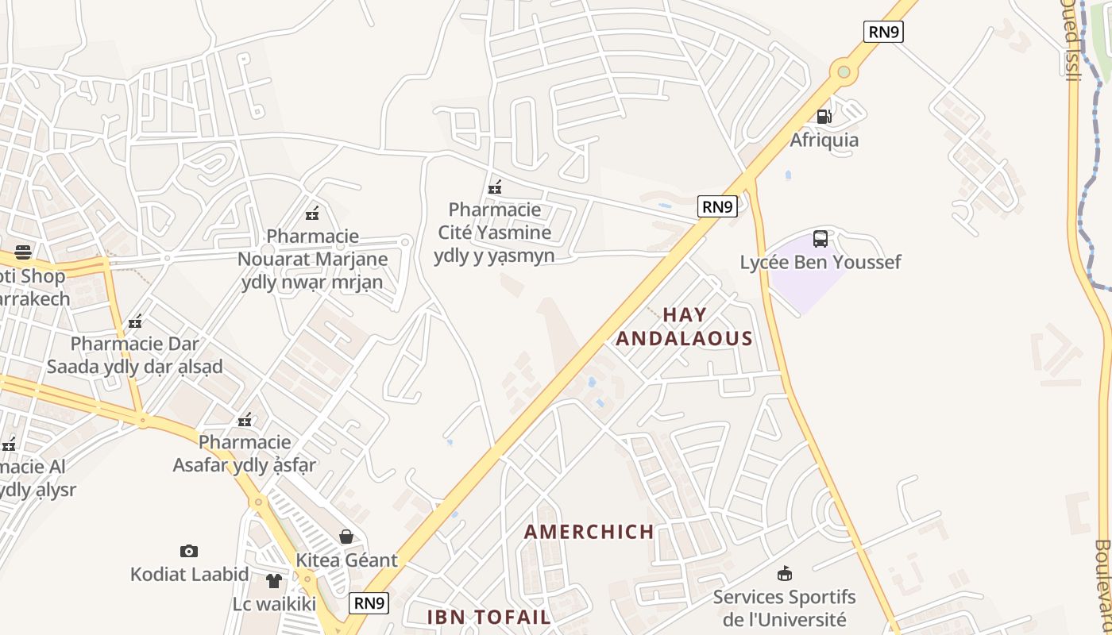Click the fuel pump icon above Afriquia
pyautogui.click(x=824, y=117)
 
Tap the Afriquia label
pyautogui.click(x=824, y=140)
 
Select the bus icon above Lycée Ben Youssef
pyautogui.click(x=820, y=238)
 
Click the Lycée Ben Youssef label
pyautogui.click(x=820, y=262)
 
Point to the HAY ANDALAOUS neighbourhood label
pyautogui.click(x=684, y=326)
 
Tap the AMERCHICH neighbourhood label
pyautogui.click(x=589, y=532)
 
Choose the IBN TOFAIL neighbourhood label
pyautogui.click(x=488, y=617)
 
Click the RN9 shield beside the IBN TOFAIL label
pyautogui.click(x=369, y=603)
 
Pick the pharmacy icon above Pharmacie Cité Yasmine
pyautogui.click(x=495, y=187)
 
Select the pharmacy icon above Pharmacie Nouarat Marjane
pyautogui.click(x=312, y=213)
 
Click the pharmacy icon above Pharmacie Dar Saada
pyautogui.click(x=135, y=321)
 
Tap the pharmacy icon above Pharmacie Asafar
pyautogui.click(x=245, y=419)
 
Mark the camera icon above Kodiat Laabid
pyautogui.click(x=189, y=551)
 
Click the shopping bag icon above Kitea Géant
pyautogui.click(x=346, y=537)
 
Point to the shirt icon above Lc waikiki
pyautogui.click(x=274, y=581)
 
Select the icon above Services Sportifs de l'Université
pyautogui.click(x=785, y=573)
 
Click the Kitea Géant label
pyautogui.click(x=346, y=560)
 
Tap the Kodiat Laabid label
pyautogui.click(x=189, y=574)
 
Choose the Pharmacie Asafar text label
pyautogui.click(x=245, y=453)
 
